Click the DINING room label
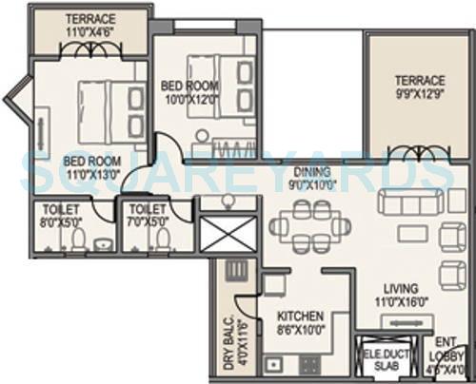point(311,172)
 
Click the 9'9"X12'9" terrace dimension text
point(419,93)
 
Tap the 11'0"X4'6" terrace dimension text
point(89,31)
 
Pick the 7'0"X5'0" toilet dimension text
point(147,221)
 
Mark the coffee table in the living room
point(412,234)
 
